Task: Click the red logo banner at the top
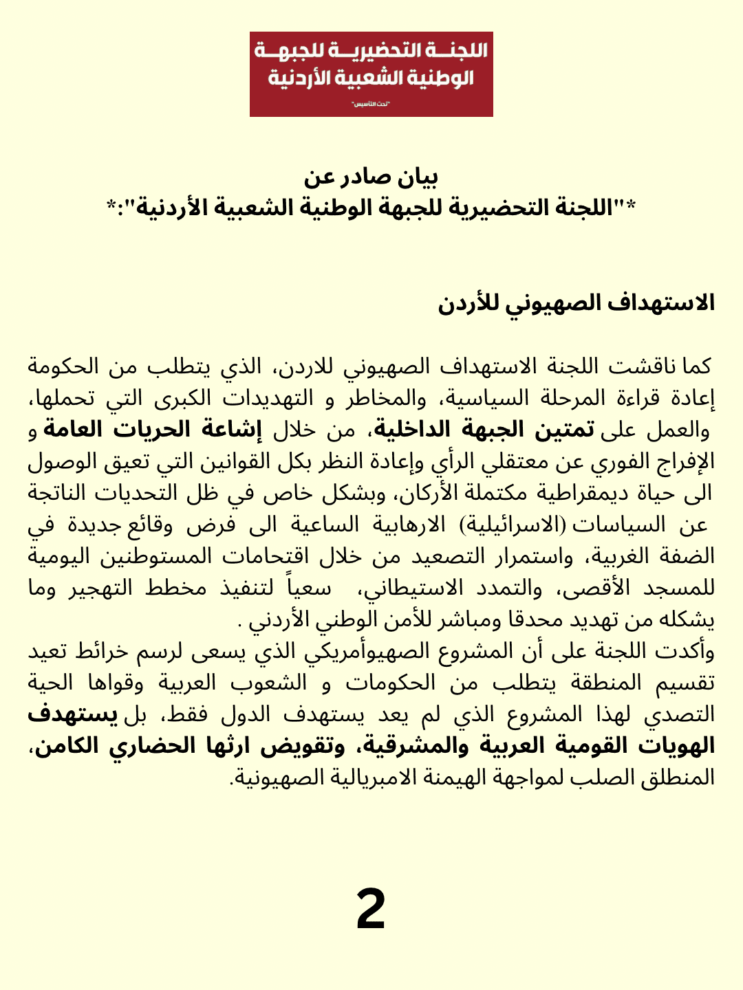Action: tap(371, 74)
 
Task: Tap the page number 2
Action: tap(371, 909)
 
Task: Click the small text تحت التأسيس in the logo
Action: tap(371, 104)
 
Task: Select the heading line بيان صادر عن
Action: tap(371, 177)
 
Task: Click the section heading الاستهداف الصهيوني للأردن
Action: tap(577, 303)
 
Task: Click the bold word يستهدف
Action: tap(73, 714)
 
